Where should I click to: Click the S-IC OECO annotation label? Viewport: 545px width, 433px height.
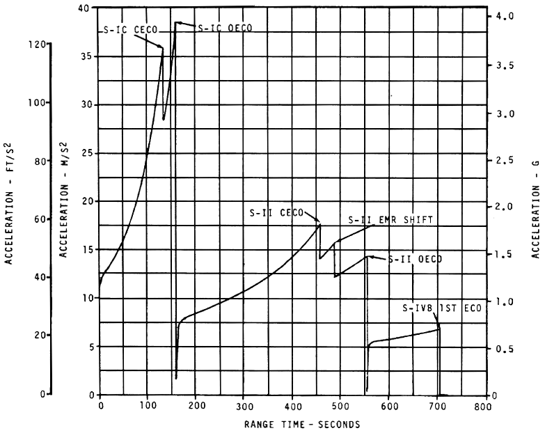225,28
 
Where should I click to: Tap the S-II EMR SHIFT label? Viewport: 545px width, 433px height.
390,219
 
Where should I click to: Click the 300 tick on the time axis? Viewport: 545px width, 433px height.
244,406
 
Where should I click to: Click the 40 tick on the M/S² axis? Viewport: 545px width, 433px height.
86,8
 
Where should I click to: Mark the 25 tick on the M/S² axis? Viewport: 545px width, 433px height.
86,153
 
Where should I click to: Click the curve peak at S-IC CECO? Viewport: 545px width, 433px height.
163,47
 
